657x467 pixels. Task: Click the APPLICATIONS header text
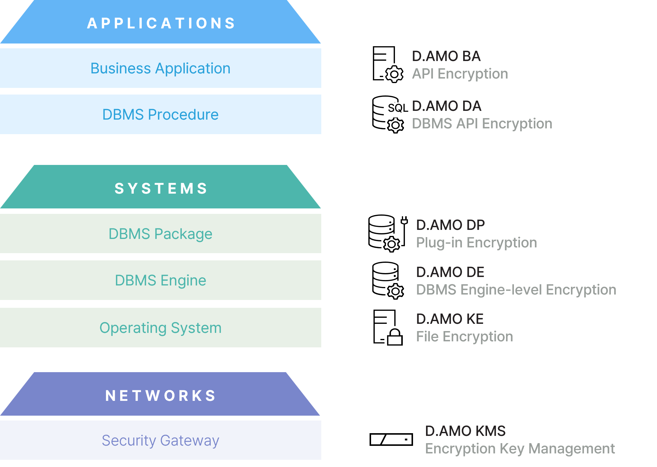tap(161, 23)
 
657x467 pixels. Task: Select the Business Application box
tap(161, 68)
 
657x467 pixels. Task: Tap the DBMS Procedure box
tap(161, 114)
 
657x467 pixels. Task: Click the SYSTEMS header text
tap(161, 188)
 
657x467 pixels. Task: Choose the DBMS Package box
tap(161, 234)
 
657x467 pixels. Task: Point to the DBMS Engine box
tap(161, 280)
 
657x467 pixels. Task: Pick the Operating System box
tap(161, 328)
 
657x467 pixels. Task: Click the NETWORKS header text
tap(161, 395)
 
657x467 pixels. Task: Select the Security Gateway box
tap(161, 440)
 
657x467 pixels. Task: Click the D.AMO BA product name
tap(446, 56)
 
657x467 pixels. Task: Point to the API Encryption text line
tap(460, 74)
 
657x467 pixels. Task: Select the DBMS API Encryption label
tap(482, 124)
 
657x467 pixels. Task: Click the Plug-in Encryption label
tap(476, 243)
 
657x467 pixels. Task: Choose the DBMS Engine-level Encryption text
tap(516, 290)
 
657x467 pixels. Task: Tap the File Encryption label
tap(464, 337)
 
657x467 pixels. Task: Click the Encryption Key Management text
tap(520, 449)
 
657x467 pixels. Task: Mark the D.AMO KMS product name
tap(465, 431)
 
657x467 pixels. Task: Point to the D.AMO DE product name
tap(450, 272)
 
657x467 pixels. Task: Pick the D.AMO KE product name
tap(450, 319)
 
